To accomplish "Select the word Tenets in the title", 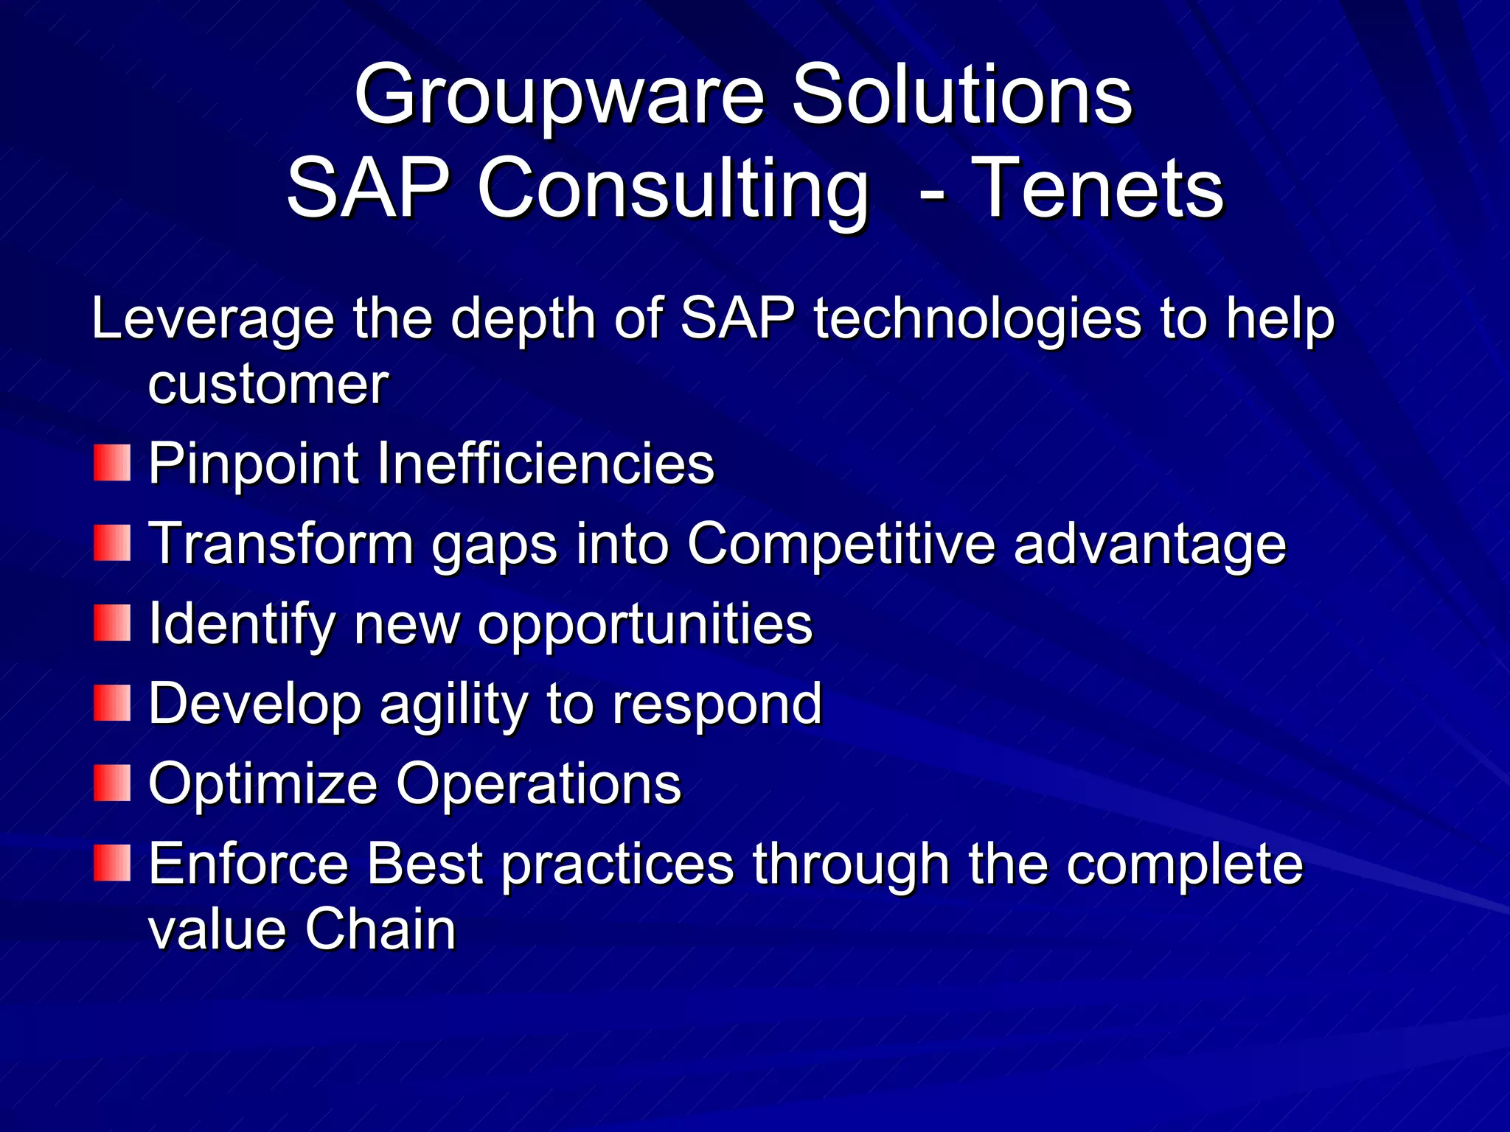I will (x=1099, y=190).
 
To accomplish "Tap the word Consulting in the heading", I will (x=673, y=190).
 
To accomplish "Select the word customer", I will (x=268, y=385).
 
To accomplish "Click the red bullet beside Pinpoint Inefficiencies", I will (x=112, y=463).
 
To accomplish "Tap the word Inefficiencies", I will (x=546, y=464).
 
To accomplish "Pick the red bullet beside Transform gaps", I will (x=112, y=543).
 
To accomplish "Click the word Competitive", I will (x=841, y=545).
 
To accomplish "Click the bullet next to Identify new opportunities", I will (x=112, y=623).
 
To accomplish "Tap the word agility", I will (x=453, y=705).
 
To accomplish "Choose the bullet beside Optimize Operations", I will (x=112, y=783).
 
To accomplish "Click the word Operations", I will (x=538, y=785).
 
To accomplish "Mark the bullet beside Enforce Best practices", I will (x=112, y=863).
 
